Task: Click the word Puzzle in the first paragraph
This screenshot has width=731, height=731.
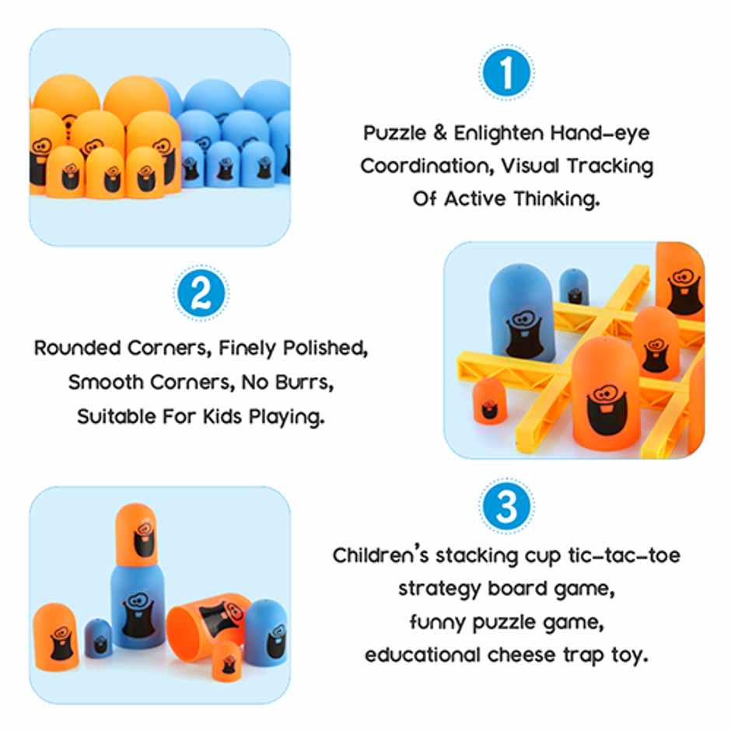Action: [x=393, y=133]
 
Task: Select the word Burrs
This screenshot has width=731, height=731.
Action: [x=313, y=382]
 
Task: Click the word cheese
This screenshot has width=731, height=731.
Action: [x=523, y=655]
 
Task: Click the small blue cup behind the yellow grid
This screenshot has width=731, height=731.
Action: [x=574, y=285]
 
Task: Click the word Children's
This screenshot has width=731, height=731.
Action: [x=381, y=555]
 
